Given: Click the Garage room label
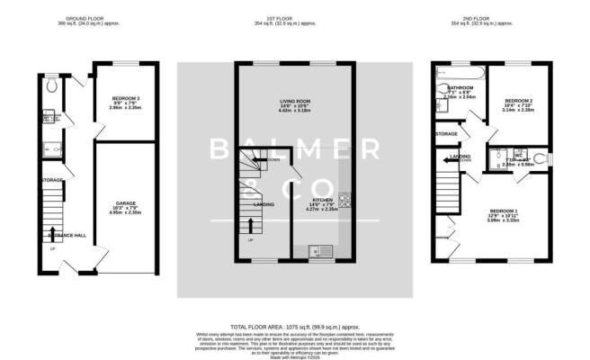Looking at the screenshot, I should tap(125, 203).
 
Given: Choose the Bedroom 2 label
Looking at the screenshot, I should tap(520, 99).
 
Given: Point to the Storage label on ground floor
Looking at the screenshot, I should tap(50, 180).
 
